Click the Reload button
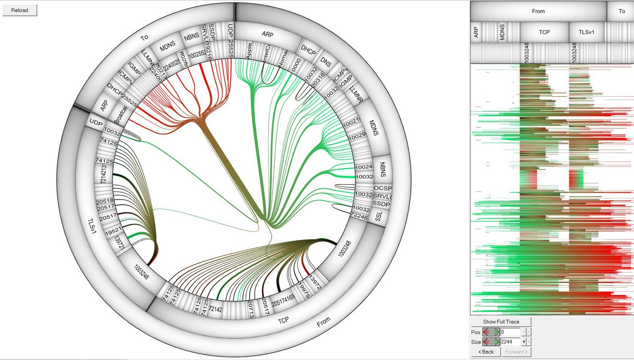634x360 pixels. point(20,10)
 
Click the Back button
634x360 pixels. point(486,352)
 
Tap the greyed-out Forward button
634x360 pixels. point(516,352)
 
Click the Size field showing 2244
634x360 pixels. point(510,342)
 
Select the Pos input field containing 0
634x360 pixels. point(510,332)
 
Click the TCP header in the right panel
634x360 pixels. point(544,32)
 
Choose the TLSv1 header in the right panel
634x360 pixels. point(586,32)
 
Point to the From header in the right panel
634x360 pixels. point(538,11)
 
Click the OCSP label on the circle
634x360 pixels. point(382,188)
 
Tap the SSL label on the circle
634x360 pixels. point(379,216)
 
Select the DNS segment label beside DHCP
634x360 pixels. point(326,62)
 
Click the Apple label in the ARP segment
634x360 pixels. point(249,51)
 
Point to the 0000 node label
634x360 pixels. point(296,65)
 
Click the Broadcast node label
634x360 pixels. point(121,114)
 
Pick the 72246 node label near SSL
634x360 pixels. point(359,216)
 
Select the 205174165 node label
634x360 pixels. point(283,300)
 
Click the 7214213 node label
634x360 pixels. point(103,174)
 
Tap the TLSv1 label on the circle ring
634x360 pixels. point(92,226)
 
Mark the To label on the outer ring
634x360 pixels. point(144,38)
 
